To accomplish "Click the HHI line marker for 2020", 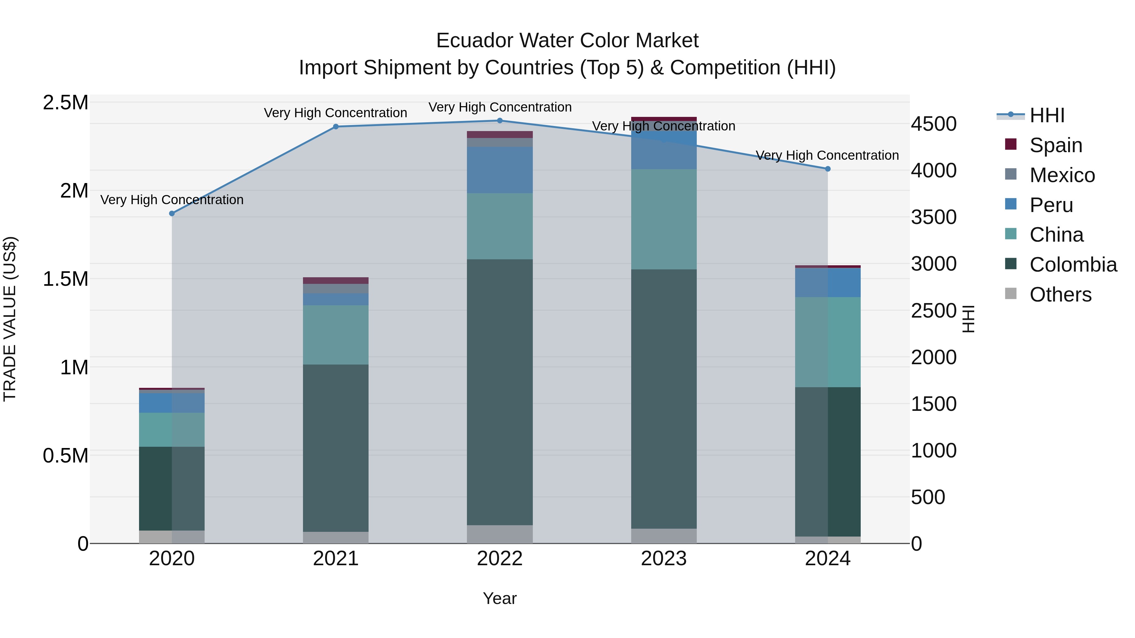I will coord(172,214).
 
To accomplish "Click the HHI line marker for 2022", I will coord(500,121).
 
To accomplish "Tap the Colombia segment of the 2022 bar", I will coord(500,392).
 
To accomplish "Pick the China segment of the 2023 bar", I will coord(664,219).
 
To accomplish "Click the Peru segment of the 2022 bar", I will coord(500,170).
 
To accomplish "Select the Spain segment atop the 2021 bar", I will coord(336,280).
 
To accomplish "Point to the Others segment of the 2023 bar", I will coord(664,536).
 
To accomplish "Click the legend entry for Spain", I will coord(1056,145).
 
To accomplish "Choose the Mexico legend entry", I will coord(1062,175).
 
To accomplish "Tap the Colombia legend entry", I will coord(1073,265).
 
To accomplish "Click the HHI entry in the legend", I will coord(1047,115).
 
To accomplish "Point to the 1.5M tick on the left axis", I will coord(66,279).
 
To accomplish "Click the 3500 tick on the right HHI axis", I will coord(934,217).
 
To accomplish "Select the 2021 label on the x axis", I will coord(336,559).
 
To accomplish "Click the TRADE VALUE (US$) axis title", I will coord(10,319).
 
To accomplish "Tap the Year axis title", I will coord(500,598).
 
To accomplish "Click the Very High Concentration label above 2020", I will coord(172,200).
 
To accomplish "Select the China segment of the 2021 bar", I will coord(336,335).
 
